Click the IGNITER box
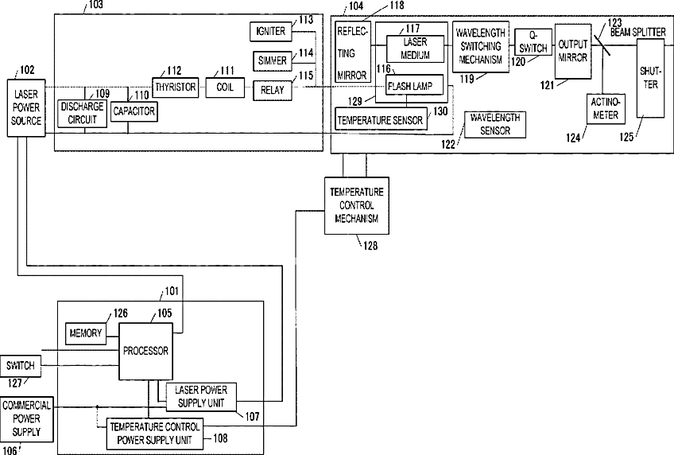point(270,31)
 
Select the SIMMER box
point(272,60)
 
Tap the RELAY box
point(272,91)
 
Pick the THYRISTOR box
point(176,87)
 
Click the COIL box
point(225,87)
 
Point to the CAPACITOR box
point(134,111)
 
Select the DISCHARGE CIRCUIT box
point(82,113)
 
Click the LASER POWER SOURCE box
point(26,108)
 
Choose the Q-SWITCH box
point(533,41)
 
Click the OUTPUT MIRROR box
point(573,51)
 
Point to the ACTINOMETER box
point(606,109)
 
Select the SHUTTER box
point(650,77)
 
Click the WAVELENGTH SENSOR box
point(494,125)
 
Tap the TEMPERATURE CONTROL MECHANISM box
point(357,205)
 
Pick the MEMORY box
point(86,333)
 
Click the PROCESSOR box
point(145,352)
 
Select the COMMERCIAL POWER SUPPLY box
point(27,419)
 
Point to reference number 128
point(370,246)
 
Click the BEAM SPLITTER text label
point(638,33)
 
